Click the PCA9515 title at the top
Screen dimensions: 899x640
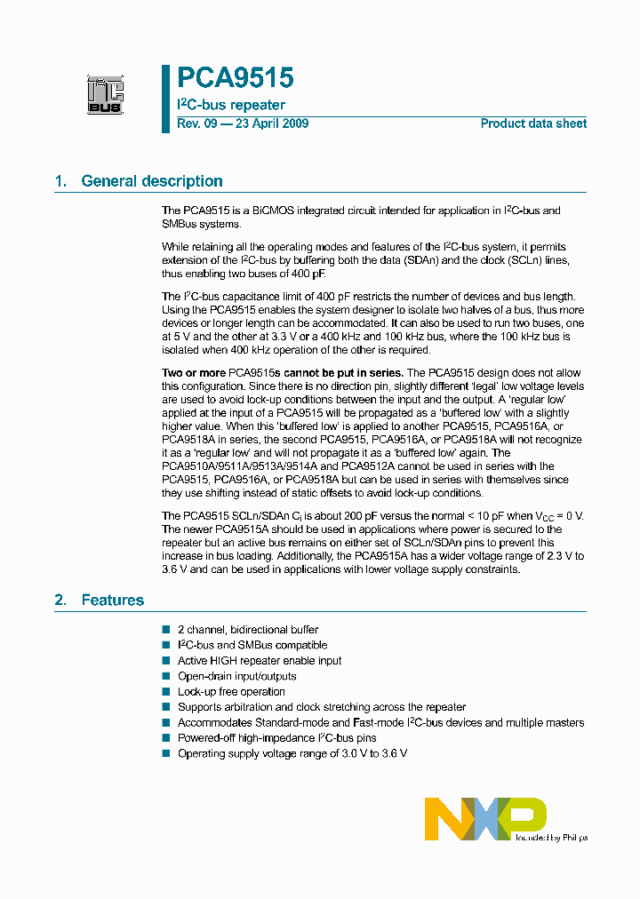coord(236,79)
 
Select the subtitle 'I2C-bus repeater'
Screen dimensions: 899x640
coord(231,105)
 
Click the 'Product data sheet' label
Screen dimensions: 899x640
coord(533,123)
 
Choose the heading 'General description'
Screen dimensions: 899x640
coord(152,181)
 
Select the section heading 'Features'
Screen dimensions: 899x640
coord(113,601)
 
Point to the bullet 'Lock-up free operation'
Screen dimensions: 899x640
coord(231,692)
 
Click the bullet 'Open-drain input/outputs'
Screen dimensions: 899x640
coord(236,676)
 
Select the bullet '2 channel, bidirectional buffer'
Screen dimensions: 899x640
coord(247,630)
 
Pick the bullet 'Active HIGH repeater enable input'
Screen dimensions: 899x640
coord(260,661)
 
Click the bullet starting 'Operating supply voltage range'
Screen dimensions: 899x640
coord(292,753)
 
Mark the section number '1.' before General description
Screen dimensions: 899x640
coord(61,181)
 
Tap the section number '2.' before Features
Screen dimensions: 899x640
coord(61,601)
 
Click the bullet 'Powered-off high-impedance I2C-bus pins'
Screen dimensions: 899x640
coord(276,738)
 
